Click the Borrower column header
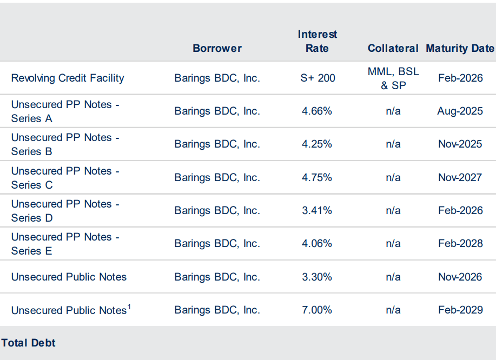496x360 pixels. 217,48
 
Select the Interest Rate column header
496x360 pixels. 317,41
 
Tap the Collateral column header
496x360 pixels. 393,48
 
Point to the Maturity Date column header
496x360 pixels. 460,48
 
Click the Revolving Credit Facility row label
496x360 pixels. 68,78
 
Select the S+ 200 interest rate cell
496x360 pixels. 318,78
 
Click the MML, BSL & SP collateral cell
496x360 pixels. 393,78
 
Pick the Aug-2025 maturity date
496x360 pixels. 460,111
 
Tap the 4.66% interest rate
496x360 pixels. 317,111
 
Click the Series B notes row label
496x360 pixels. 65,144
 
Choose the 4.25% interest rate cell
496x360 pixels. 317,144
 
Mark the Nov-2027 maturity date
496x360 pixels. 460,177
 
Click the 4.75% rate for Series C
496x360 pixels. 317,177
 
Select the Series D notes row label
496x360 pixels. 65,211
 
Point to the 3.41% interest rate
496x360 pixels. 317,210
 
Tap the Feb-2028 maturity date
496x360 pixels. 460,243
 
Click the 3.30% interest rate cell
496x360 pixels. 317,277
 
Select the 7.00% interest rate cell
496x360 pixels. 317,310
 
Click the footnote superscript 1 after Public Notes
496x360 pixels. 130,306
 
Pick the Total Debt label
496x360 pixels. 28,343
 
